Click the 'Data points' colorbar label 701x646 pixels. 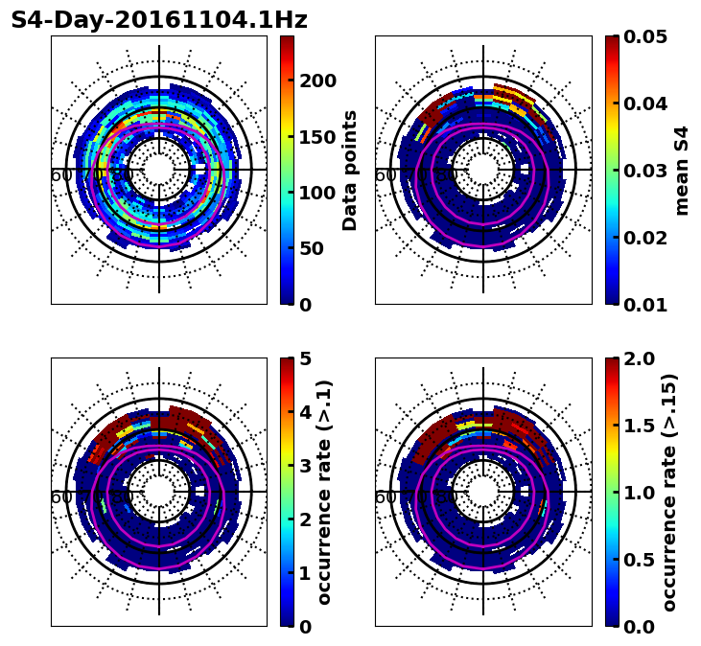[350, 170]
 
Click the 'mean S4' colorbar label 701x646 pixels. [682, 170]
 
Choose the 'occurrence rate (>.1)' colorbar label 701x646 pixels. [325, 492]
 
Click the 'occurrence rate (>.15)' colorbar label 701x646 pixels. [669, 492]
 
